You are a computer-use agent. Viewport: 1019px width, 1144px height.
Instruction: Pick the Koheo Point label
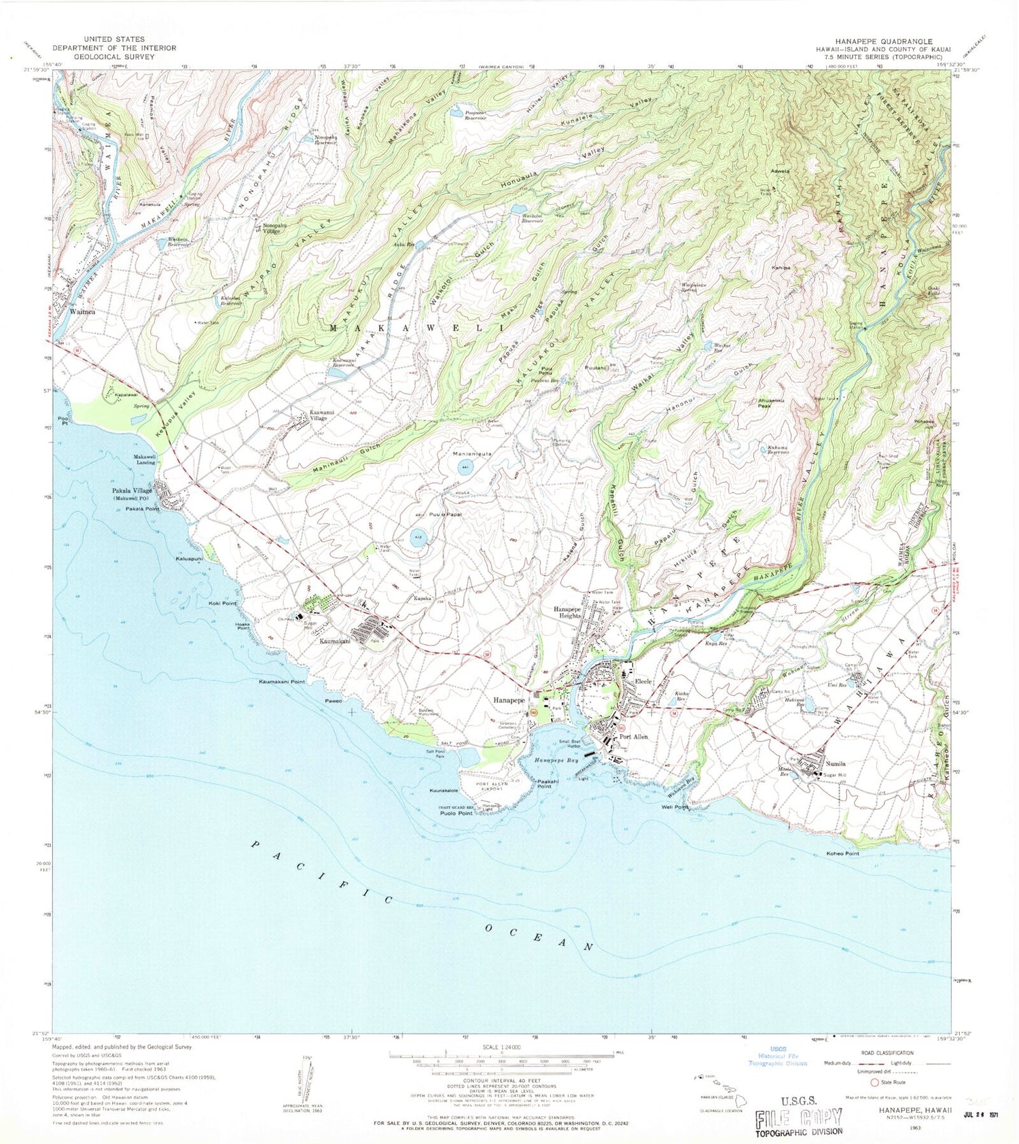tap(842, 853)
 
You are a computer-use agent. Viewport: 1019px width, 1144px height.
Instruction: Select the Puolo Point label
tap(456, 813)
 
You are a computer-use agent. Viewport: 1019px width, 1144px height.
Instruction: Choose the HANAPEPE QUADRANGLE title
tap(875, 41)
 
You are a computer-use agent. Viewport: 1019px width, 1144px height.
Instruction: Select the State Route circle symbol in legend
tap(874, 1082)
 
